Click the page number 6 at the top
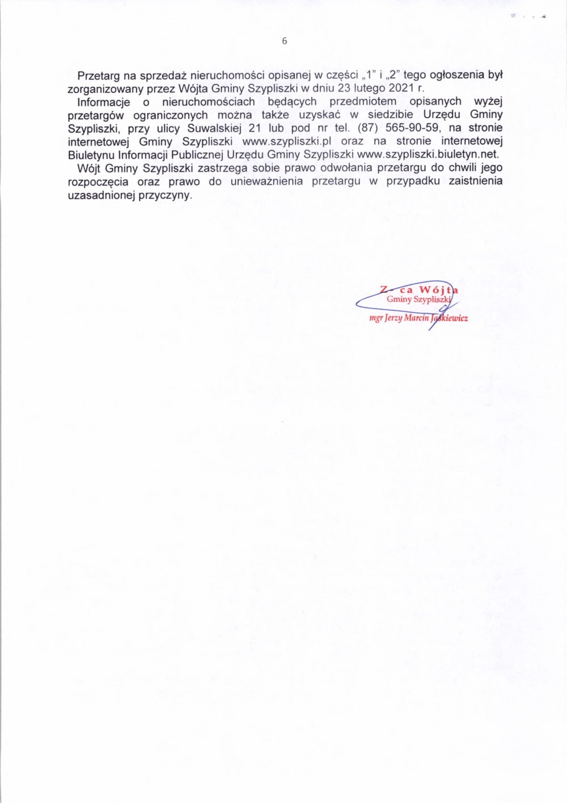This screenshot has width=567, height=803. point(284,41)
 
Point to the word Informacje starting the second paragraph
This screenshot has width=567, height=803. point(104,102)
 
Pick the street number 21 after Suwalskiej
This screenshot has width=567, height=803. point(254,128)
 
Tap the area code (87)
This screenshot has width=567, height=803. point(367,128)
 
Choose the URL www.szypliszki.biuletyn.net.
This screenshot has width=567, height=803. point(428,154)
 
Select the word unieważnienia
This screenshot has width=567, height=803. point(266,182)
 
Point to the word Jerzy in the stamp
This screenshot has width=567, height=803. point(393,318)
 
